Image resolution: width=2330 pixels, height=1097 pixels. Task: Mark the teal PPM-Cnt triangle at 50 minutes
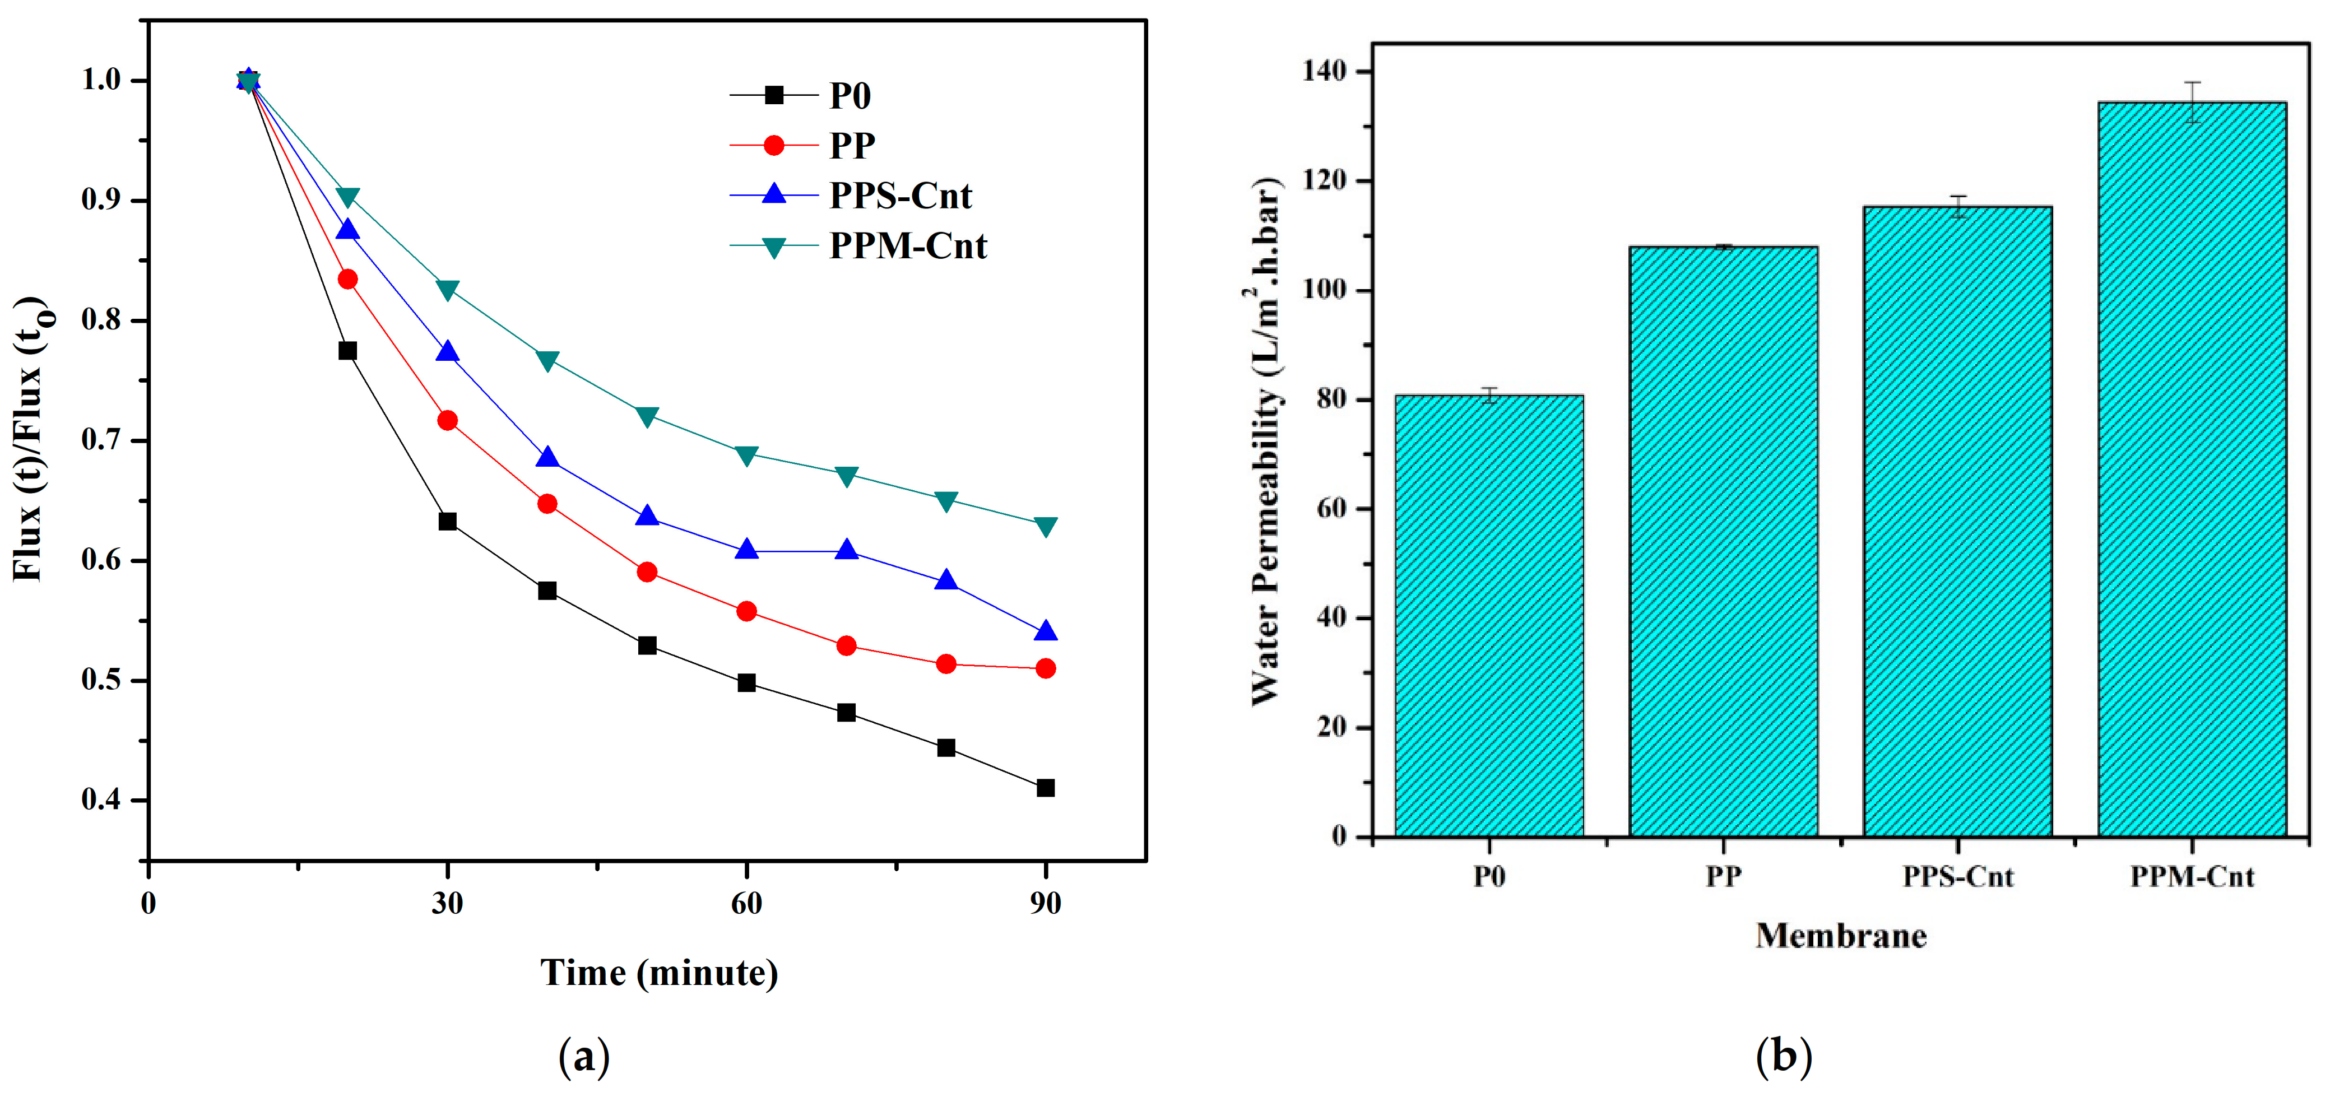pyautogui.click(x=647, y=417)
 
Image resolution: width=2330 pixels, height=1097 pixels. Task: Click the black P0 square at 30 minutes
pyautogui.click(x=447, y=522)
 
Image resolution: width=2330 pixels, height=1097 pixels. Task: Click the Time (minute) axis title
pyautogui.click(x=658, y=973)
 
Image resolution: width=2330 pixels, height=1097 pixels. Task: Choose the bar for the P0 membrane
pyautogui.click(x=1489, y=615)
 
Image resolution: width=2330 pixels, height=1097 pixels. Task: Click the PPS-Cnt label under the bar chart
pyautogui.click(x=1957, y=876)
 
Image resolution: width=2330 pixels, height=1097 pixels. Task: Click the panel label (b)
pyautogui.click(x=1783, y=1056)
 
